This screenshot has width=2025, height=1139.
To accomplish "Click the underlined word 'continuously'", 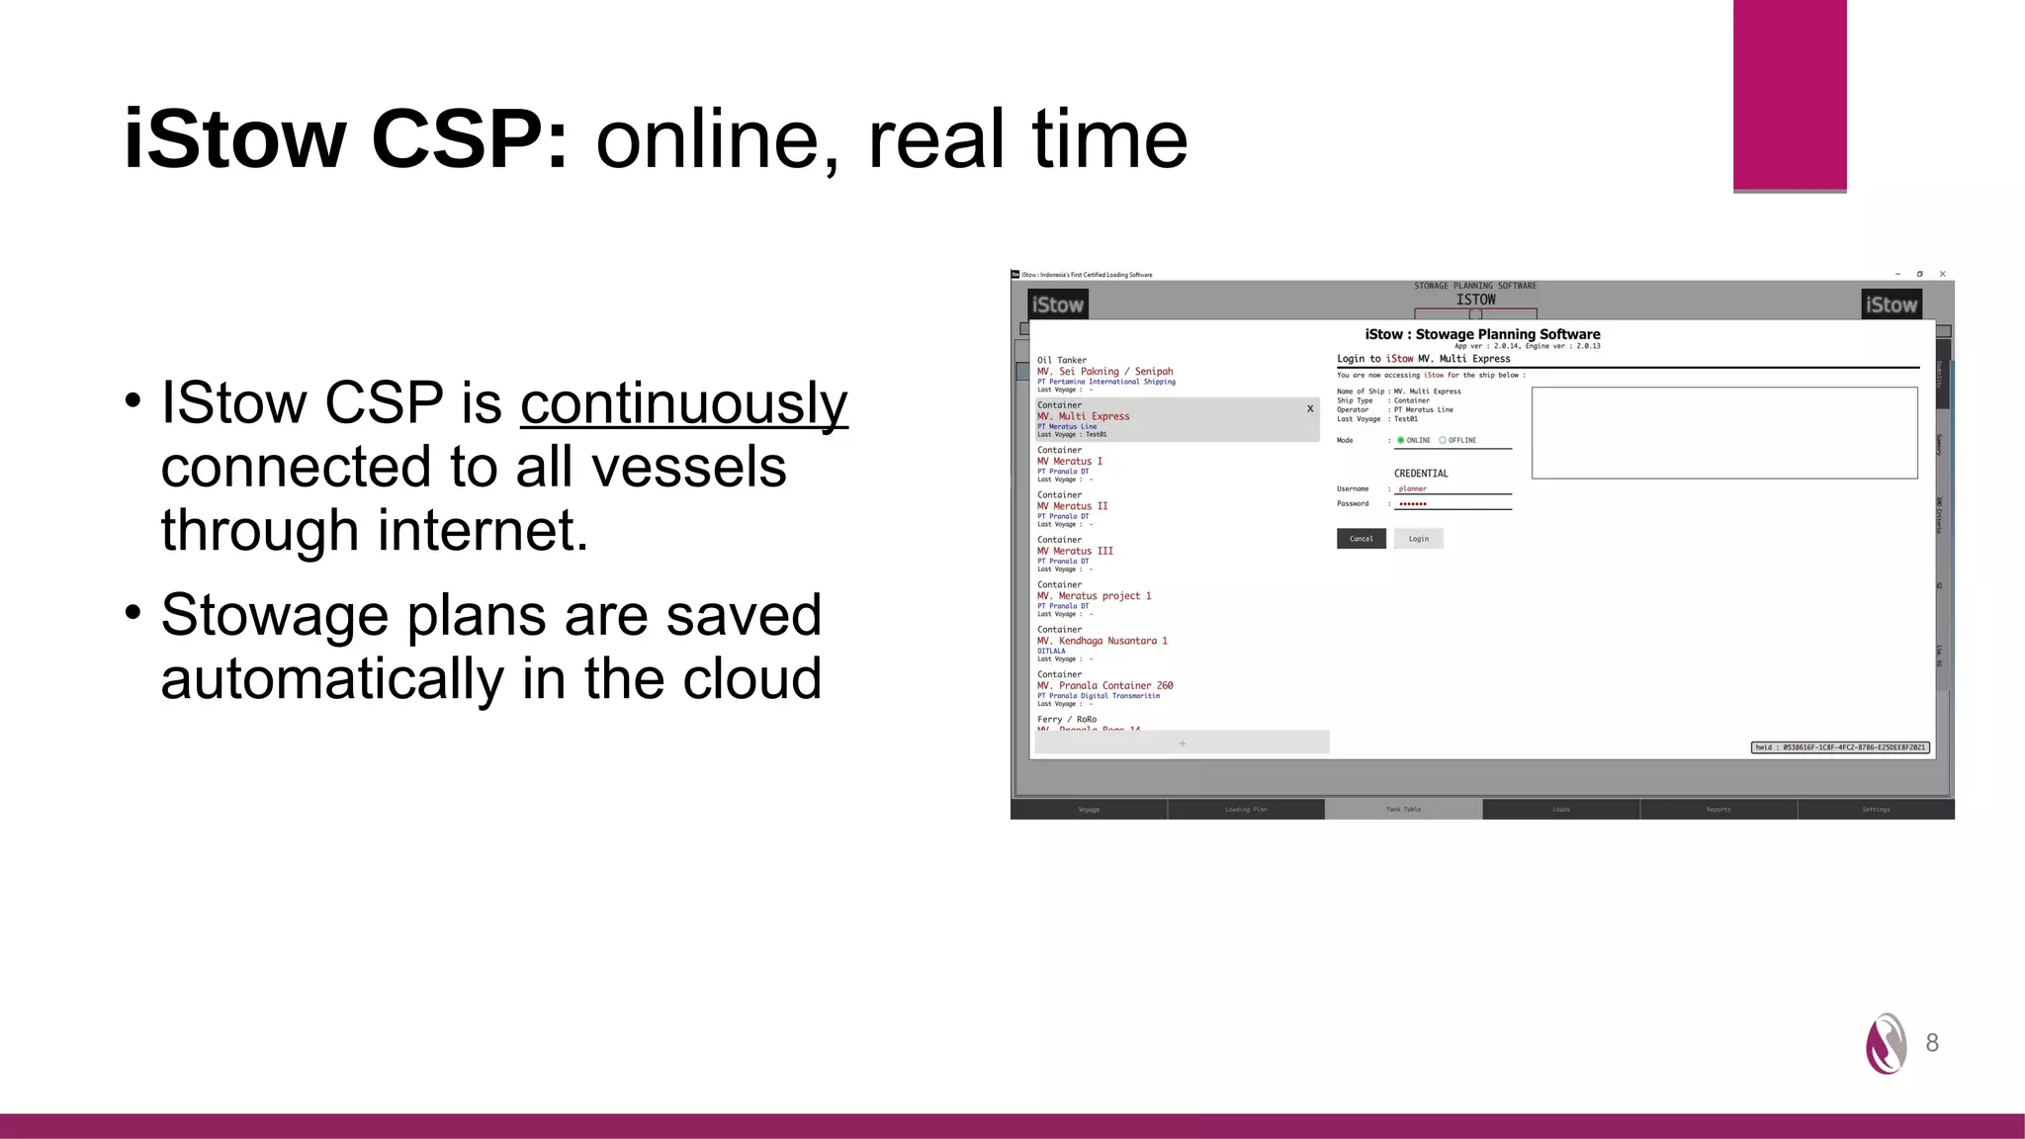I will pyautogui.click(x=683, y=402).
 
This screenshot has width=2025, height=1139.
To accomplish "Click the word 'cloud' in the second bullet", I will pyautogui.click(x=751, y=678).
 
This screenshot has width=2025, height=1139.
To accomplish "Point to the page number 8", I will pyautogui.click(x=1932, y=1043).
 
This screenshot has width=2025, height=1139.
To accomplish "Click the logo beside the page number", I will pyautogui.click(x=1886, y=1043).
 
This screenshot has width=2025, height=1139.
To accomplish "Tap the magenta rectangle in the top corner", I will pyautogui.click(x=1789, y=95).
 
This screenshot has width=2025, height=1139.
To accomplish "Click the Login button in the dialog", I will pyautogui.click(x=1419, y=539).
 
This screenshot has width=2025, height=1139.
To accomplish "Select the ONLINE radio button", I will pyautogui.click(x=1401, y=440).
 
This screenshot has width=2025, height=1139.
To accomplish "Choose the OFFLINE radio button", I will pyautogui.click(x=1443, y=440).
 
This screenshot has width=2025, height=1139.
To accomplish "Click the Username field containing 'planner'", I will pyautogui.click(x=1452, y=488).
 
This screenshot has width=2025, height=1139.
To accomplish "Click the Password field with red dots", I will pyautogui.click(x=1452, y=504).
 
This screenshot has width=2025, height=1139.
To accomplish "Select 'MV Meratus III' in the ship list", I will pyautogui.click(x=1075, y=551).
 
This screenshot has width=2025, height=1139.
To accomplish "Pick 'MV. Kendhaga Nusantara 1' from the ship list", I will pyautogui.click(x=1101, y=641).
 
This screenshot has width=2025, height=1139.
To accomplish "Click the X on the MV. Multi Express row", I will pyautogui.click(x=1310, y=408).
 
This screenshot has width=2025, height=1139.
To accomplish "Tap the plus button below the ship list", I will pyautogui.click(x=1183, y=744).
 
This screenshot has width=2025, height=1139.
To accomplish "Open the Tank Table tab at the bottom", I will pyautogui.click(x=1403, y=810).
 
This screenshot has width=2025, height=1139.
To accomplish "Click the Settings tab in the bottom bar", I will pyautogui.click(x=1876, y=810).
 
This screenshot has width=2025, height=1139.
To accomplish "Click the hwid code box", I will pyautogui.click(x=1840, y=747).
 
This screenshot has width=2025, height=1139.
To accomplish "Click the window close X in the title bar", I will pyautogui.click(x=1943, y=274).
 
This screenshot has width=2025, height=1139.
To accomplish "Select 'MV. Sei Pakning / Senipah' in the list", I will pyautogui.click(x=1104, y=372).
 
